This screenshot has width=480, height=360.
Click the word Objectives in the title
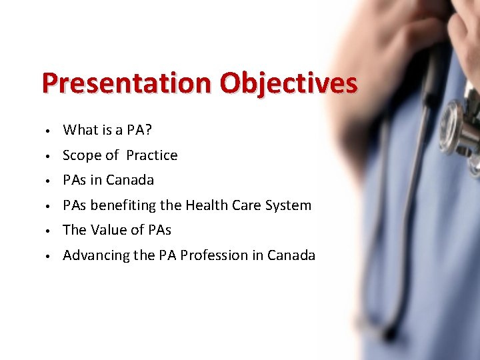[x=289, y=84]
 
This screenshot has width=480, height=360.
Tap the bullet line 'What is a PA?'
[x=107, y=129]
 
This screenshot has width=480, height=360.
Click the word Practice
[x=152, y=155]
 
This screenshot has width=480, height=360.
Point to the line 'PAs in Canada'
[x=108, y=180]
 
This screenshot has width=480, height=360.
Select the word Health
[x=207, y=205]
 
